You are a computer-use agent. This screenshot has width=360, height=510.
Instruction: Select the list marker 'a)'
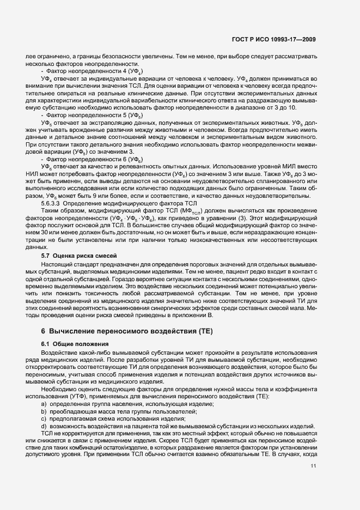click(44, 403)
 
